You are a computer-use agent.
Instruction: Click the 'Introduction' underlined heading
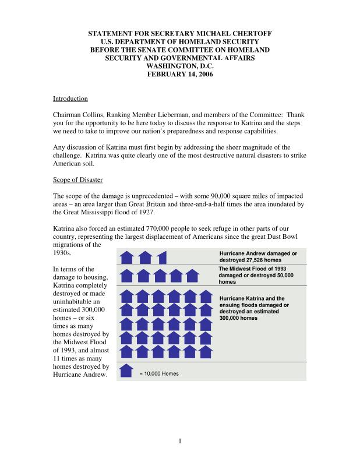(70, 99)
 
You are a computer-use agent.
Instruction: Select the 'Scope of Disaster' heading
(78, 180)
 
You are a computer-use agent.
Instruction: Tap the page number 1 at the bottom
(181, 440)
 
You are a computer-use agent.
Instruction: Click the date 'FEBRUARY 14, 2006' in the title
(180, 75)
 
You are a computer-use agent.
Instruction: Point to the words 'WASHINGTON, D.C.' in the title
(180, 66)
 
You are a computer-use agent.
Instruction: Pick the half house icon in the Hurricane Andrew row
(163, 257)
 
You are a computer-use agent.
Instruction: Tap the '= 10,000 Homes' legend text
(159, 373)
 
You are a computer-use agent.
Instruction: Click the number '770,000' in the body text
(153, 228)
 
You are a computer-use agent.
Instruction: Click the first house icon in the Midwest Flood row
(127, 275)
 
